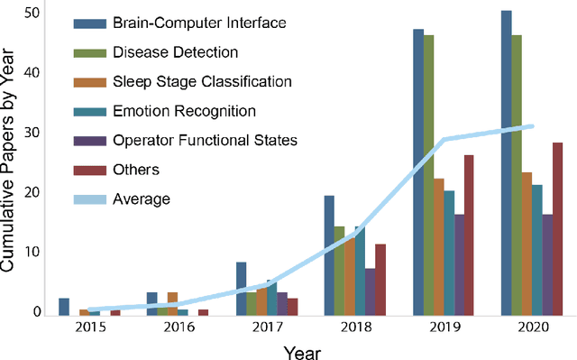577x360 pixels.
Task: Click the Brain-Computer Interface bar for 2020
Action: [x=507, y=163]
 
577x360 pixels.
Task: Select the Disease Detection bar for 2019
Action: [x=428, y=176]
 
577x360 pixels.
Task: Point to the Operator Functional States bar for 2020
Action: [x=547, y=265]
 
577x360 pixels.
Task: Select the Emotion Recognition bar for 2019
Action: [x=449, y=253]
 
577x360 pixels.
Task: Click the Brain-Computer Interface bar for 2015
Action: [x=64, y=307]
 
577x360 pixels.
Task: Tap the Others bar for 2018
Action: [x=380, y=280]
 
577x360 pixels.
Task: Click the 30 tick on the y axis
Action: [x=33, y=132]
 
